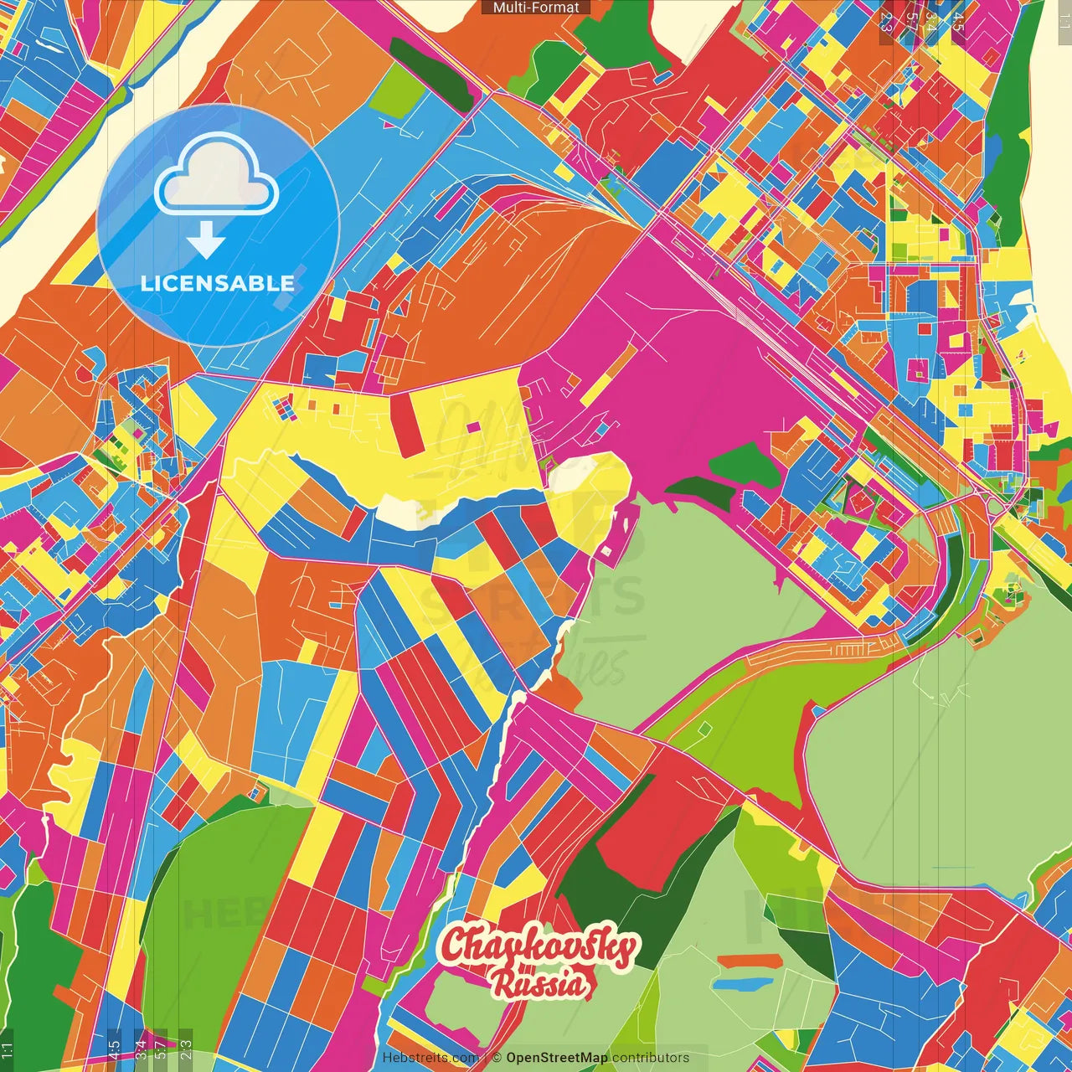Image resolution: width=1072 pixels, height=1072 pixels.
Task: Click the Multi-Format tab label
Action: [x=536, y=8]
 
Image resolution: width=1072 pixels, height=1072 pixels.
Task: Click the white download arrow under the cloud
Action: [x=206, y=240]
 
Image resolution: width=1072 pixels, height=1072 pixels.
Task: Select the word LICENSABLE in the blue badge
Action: [x=218, y=283]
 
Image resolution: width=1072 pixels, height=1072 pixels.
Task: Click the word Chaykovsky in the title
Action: [x=539, y=947]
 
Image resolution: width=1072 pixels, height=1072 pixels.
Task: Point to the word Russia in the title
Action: [x=541, y=982]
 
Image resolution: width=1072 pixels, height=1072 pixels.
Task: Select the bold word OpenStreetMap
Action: [x=557, y=1058]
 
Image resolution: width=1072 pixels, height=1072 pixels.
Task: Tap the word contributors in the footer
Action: [x=651, y=1058]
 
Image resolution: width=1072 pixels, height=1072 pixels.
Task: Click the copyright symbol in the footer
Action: [x=496, y=1058]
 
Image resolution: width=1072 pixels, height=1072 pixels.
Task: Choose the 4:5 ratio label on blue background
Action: [x=114, y=1049]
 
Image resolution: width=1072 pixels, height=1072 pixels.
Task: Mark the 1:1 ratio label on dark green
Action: [x=7, y=1049]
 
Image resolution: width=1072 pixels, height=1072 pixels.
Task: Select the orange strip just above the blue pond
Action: [x=748, y=961]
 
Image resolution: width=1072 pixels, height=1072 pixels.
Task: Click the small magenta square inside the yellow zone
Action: [x=473, y=427]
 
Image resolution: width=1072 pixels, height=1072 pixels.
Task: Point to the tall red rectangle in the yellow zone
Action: [x=406, y=424]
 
